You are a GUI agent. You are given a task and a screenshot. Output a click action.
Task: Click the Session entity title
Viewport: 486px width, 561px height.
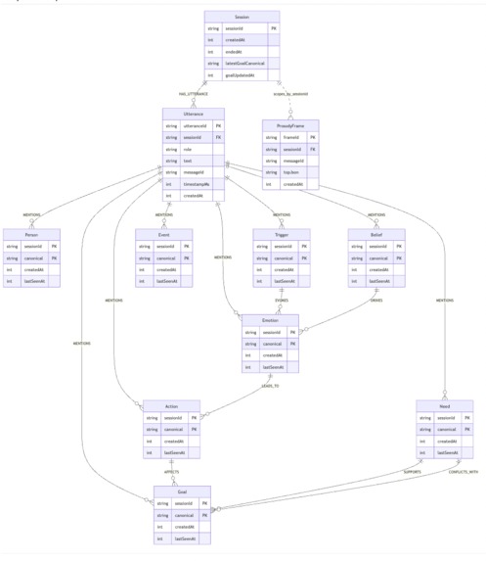point(242,17)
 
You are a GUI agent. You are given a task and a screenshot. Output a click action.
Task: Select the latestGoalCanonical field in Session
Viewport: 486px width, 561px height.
point(244,63)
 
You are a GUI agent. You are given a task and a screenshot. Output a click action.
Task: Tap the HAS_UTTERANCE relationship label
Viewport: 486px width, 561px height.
point(194,94)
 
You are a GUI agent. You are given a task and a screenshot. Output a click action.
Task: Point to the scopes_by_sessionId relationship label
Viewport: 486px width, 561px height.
point(287,94)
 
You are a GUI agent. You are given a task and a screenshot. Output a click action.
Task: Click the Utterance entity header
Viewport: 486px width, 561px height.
point(193,115)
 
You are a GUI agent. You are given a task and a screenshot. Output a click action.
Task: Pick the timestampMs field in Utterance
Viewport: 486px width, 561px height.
point(198,183)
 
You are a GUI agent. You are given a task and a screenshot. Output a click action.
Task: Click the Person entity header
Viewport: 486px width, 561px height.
point(31,235)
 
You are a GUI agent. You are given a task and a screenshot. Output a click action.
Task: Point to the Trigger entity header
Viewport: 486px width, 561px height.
point(282,235)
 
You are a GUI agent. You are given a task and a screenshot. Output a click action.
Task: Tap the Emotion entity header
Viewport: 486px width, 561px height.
point(271,320)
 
